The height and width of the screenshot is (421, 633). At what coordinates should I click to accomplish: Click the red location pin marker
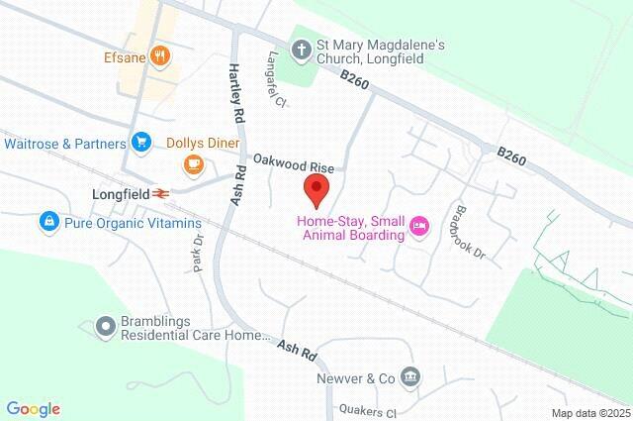tap(316, 186)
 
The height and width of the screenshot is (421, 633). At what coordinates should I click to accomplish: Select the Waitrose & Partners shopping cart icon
tap(141, 143)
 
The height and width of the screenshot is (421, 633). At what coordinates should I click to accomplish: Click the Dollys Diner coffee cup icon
tap(195, 162)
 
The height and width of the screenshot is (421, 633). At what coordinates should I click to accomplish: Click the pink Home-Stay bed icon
tap(419, 227)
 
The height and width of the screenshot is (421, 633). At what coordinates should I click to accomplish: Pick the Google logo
tap(33, 409)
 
